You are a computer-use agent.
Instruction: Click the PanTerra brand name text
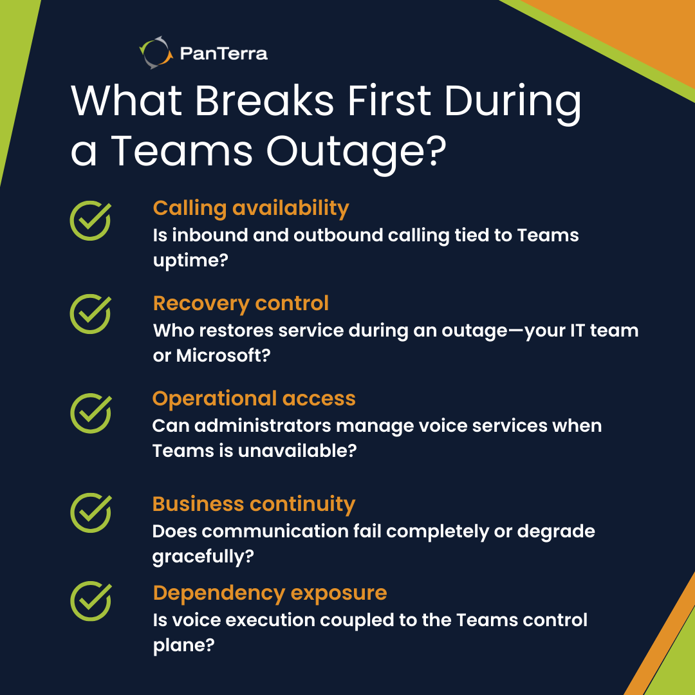[x=224, y=53]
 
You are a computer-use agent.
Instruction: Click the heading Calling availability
[x=251, y=208]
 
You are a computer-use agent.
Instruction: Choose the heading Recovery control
[x=241, y=303]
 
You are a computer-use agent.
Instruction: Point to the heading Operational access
[x=254, y=398]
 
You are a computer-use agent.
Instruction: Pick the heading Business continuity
[x=254, y=504]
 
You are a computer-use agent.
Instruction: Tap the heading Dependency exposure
[x=270, y=593]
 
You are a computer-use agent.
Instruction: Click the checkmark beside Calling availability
[x=90, y=220]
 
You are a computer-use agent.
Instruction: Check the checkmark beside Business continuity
[x=90, y=512]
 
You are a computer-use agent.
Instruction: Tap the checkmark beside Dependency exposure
[x=90, y=600]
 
